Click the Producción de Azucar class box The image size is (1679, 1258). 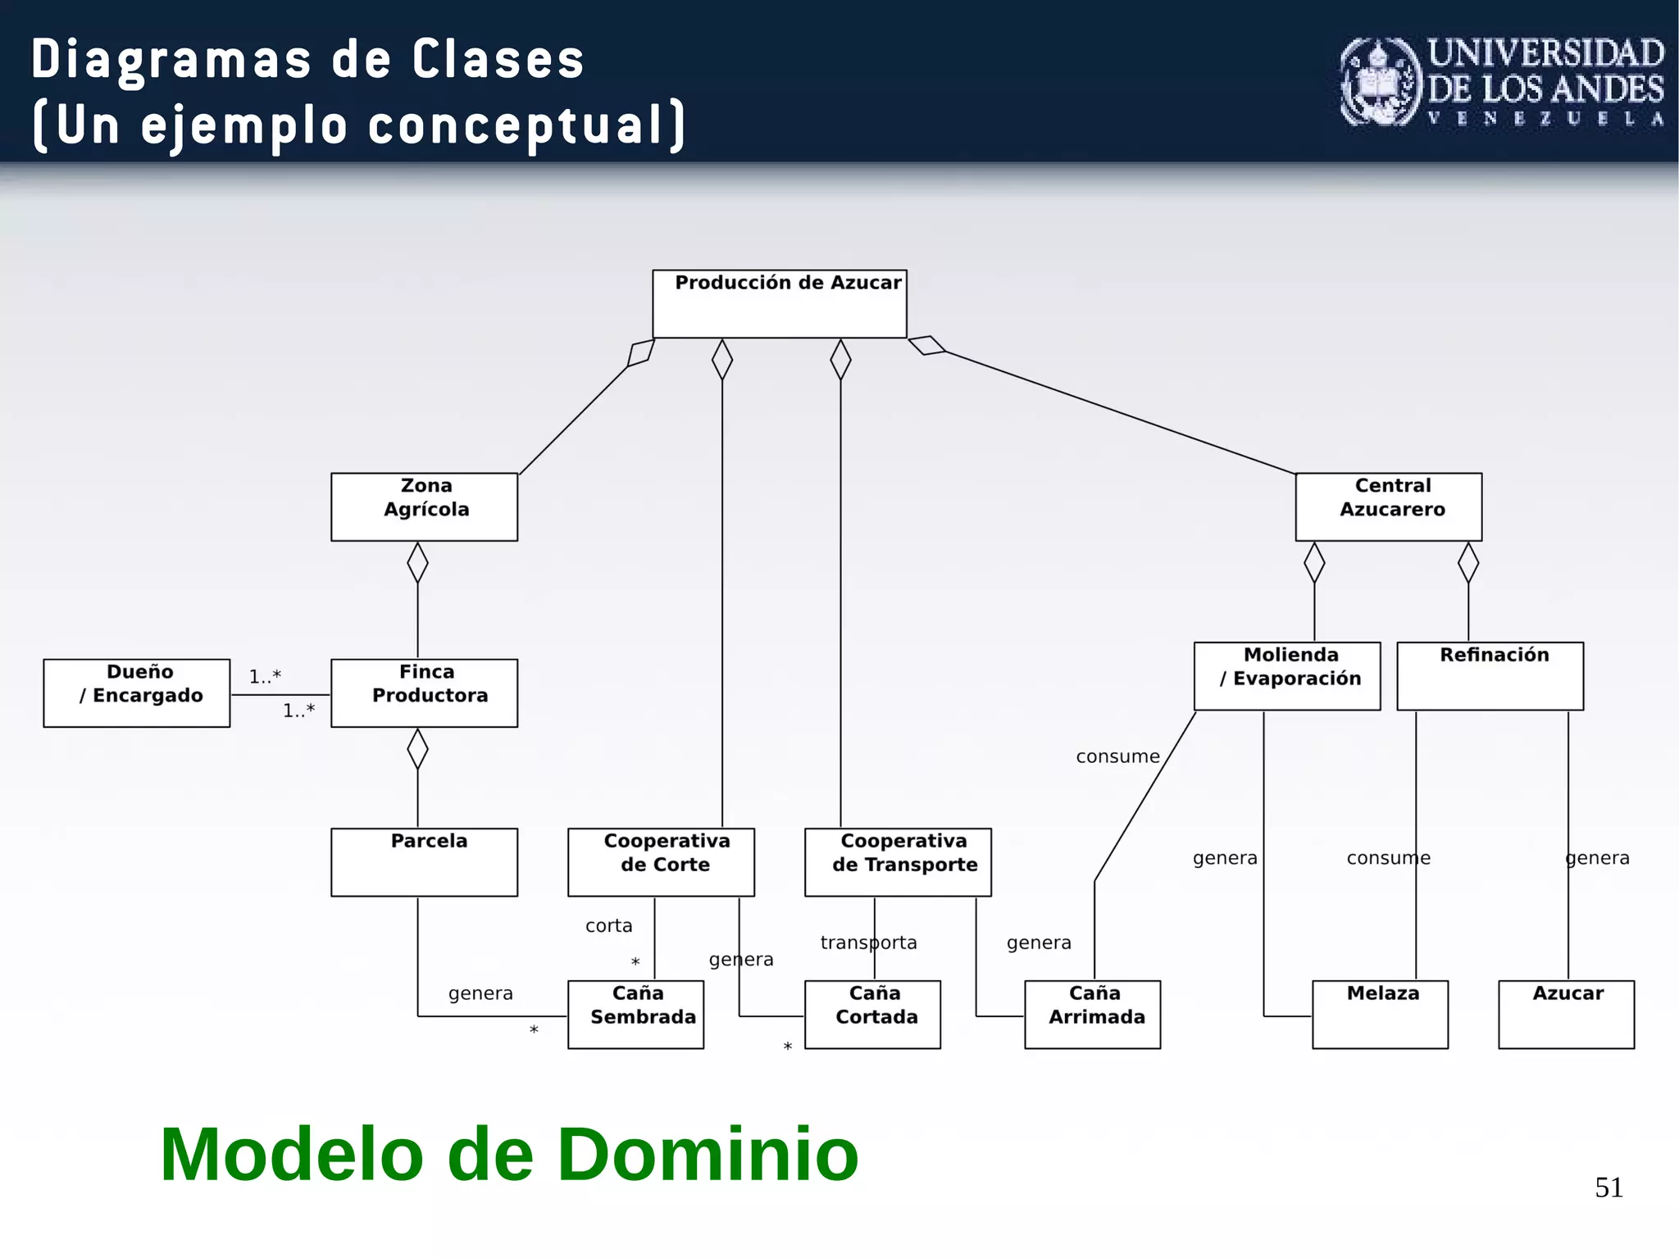point(779,303)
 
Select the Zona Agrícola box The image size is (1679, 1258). point(424,506)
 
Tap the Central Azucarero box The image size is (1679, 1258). point(1388,506)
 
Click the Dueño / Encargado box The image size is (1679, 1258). point(136,693)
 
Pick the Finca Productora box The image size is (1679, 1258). point(424,693)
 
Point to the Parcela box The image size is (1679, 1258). point(424,861)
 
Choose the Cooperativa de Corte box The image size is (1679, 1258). point(661,861)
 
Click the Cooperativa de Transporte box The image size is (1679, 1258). point(898,861)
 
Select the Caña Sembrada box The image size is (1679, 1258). point(635,1014)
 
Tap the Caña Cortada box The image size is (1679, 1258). point(872,1014)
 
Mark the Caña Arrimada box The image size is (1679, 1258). point(1092,1014)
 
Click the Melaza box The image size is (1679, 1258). point(1380,1014)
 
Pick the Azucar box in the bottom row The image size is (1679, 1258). point(1566,1014)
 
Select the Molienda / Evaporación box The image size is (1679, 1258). point(1286,675)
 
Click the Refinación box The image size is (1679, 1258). point(1490,675)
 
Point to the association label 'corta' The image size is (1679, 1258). point(608,925)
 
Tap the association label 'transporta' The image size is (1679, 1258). point(868,942)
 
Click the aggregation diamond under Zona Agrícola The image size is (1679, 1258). point(417,562)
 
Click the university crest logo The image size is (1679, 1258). point(1381,82)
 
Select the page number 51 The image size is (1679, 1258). point(1608,1187)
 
